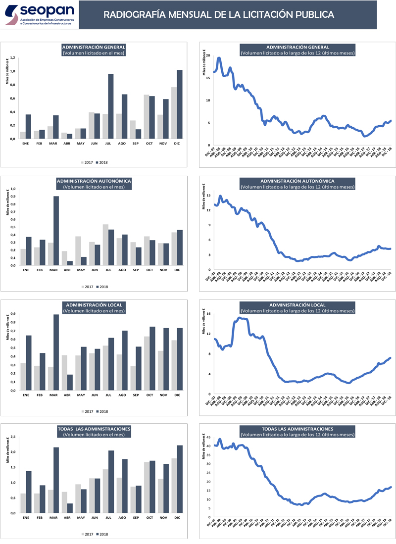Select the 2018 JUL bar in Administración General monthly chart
(111, 106)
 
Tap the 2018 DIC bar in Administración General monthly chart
(180, 104)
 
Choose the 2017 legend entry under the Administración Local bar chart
(87, 411)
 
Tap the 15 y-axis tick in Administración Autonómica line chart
(209, 196)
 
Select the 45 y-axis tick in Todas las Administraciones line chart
(209, 437)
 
